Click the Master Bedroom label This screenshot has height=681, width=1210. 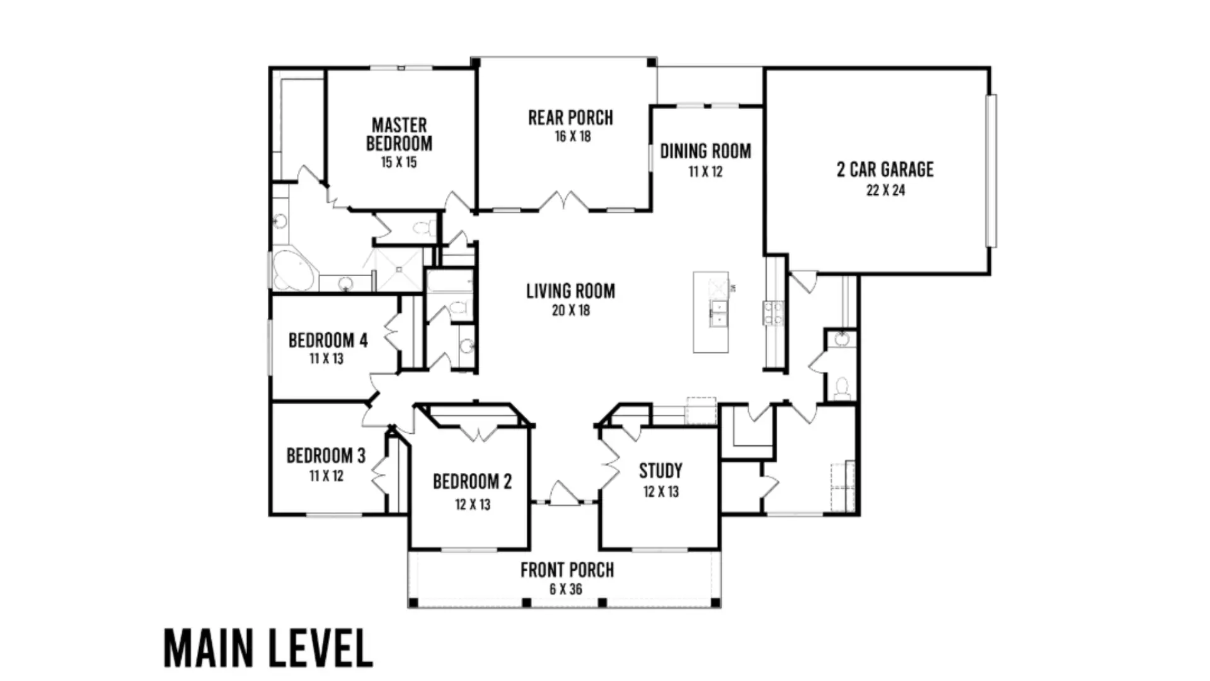coord(399,134)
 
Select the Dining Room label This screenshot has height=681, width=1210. coord(705,151)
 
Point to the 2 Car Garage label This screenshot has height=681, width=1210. coord(885,170)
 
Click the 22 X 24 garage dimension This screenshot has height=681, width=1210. coord(885,190)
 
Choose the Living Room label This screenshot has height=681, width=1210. coord(570,291)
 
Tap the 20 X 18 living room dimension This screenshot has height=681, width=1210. coord(571,310)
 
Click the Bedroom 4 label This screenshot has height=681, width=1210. coord(328,340)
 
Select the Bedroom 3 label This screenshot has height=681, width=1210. coord(326,456)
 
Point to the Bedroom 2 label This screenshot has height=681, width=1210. coord(472,482)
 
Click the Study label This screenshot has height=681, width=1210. coord(660,471)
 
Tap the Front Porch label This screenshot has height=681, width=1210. coord(567,571)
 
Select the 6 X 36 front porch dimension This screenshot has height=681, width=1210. coord(566,590)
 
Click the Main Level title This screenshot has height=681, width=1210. coord(268,648)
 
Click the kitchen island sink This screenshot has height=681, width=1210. coord(718,313)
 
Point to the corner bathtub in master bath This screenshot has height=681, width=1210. coord(291,271)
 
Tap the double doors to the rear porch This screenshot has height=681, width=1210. coord(563,201)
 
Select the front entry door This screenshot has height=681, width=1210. coord(564,494)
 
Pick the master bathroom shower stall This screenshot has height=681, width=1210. coord(399,269)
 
